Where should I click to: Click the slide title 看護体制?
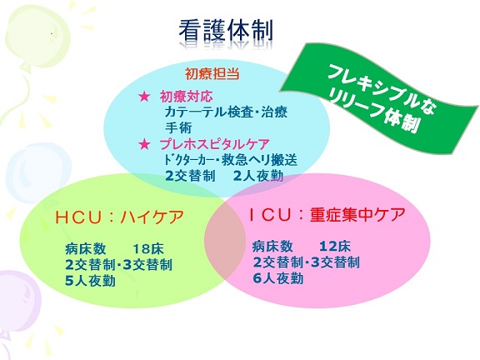226,32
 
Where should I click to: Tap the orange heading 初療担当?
212,74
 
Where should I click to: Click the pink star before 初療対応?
144,97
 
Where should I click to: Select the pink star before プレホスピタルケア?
144,144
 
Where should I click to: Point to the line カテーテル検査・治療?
226,112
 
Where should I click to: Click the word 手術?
178,127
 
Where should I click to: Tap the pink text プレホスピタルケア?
215,144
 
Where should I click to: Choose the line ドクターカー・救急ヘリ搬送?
231,160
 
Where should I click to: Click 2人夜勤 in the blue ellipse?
258,177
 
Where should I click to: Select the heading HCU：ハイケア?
119,217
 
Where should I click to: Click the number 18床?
148,249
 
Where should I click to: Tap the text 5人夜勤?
90,281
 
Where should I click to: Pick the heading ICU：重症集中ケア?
327,215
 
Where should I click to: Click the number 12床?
335,247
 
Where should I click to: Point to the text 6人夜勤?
278,278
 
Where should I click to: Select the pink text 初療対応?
186,97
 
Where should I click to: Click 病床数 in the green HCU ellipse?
85,249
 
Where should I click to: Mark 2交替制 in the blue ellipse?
190,177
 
